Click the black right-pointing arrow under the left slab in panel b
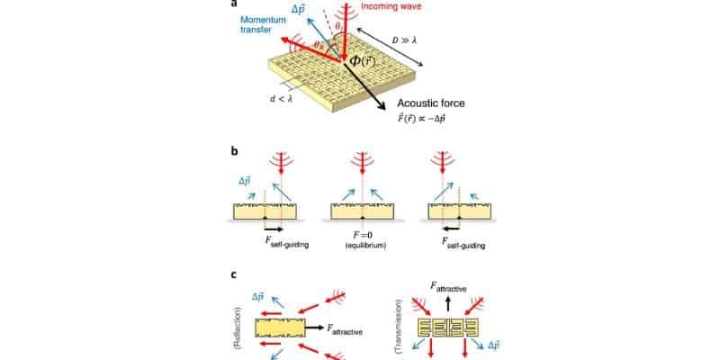coord(272,229)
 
